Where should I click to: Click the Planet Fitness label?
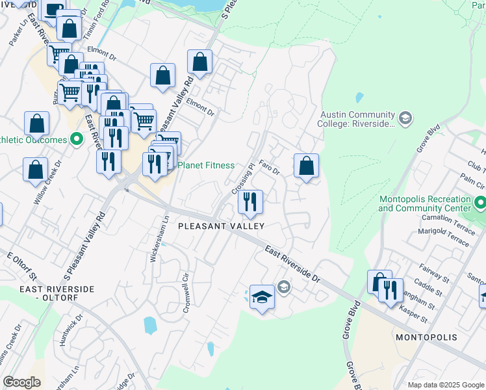pyautogui.click(x=205, y=165)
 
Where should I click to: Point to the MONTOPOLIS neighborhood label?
pyautogui.click(x=426, y=338)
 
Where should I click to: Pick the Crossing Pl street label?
pyautogui.click(x=242, y=177)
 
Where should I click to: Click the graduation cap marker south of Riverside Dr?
pyautogui.click(x=261, y=298)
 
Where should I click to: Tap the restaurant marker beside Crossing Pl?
pyautogui.click(x=250, y=203)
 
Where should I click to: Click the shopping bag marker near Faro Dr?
pyautogui.click(x=306, y=166)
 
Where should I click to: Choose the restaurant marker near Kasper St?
pyautogui.click(x=390, y=290)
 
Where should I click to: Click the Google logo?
pyautogui.click(x=21, y=382)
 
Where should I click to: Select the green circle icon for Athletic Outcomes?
pyautogui.click(x=77, y=140)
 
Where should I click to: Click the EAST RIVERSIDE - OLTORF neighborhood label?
pyautogui.click(x=57, y=293)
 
